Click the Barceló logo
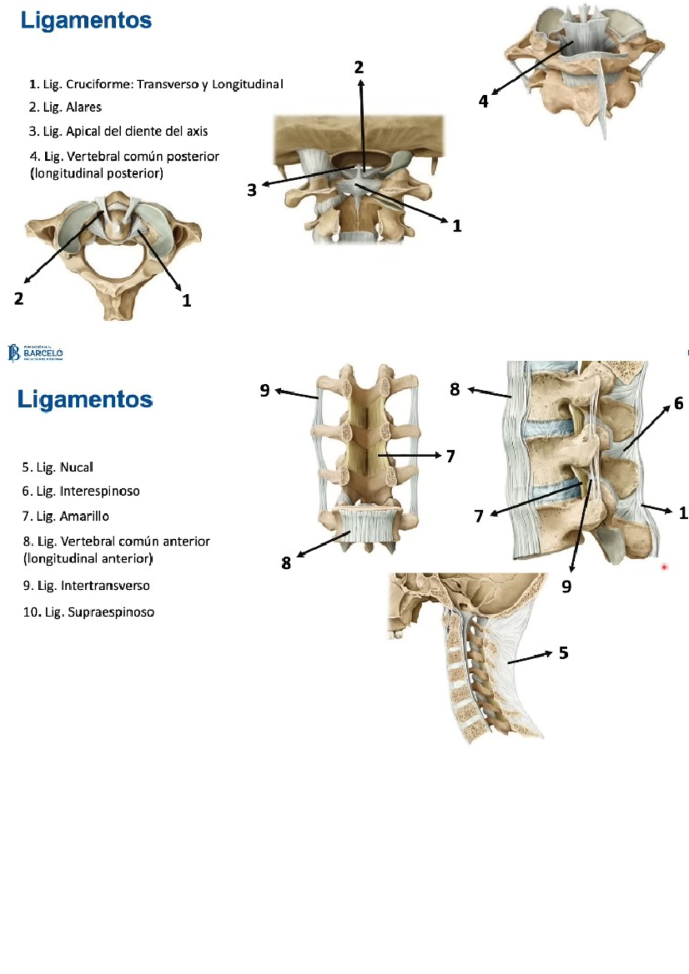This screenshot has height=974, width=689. (36, 353)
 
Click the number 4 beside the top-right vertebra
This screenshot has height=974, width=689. (483, 102)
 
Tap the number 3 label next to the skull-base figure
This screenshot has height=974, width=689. (251, 190)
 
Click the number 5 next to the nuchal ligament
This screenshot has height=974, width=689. (563, 653)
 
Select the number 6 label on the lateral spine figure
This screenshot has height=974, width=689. (678, 403)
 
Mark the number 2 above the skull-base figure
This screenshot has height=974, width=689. (359, 68)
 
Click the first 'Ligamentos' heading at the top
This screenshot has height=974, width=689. (86, 21)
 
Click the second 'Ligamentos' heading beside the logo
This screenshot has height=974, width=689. (85, 399)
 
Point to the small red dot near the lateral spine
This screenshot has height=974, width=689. (664, 567)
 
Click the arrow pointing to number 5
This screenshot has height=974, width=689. (530, 658)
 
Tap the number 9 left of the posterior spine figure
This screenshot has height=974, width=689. (265, 390)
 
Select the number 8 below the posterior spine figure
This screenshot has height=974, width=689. (286, 563)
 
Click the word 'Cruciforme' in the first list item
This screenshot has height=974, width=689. (99, 84)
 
